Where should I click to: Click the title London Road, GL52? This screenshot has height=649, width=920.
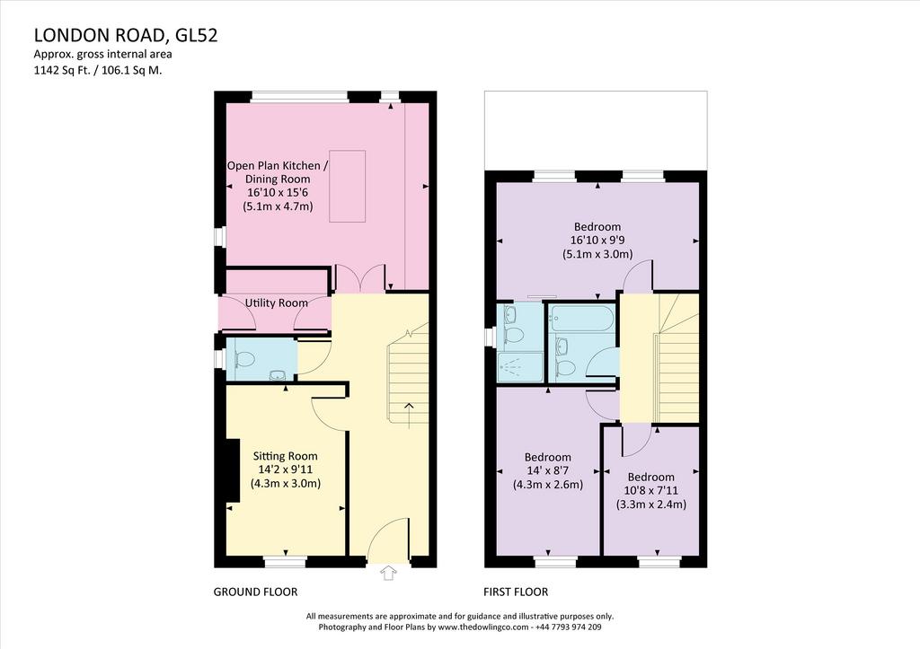click(126, 35)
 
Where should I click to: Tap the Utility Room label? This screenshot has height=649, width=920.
click(277, 303)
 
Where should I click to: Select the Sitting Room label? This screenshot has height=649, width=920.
click(286, 455)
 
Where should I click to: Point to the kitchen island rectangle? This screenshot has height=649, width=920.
click(348, 186)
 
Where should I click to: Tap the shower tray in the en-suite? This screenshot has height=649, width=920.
click(520, 366)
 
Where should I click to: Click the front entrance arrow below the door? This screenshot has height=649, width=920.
click(388, 573)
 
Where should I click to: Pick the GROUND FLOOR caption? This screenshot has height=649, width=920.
click(255, 592)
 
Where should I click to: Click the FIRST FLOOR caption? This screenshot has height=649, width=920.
click(516, 592)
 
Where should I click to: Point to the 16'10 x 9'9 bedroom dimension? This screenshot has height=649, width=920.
click(597, 240)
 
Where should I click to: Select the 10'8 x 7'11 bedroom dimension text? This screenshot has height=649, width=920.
click(650, 491)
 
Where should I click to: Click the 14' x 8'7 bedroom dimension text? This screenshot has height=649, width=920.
click(548, 470)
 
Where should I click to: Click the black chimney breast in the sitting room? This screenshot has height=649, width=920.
click(233, 470)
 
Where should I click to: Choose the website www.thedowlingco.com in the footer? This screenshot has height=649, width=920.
click(482, 627)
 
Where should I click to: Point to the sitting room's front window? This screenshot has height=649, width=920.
click(285, 562)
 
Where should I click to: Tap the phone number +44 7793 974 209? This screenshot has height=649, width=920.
click(568, 627)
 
